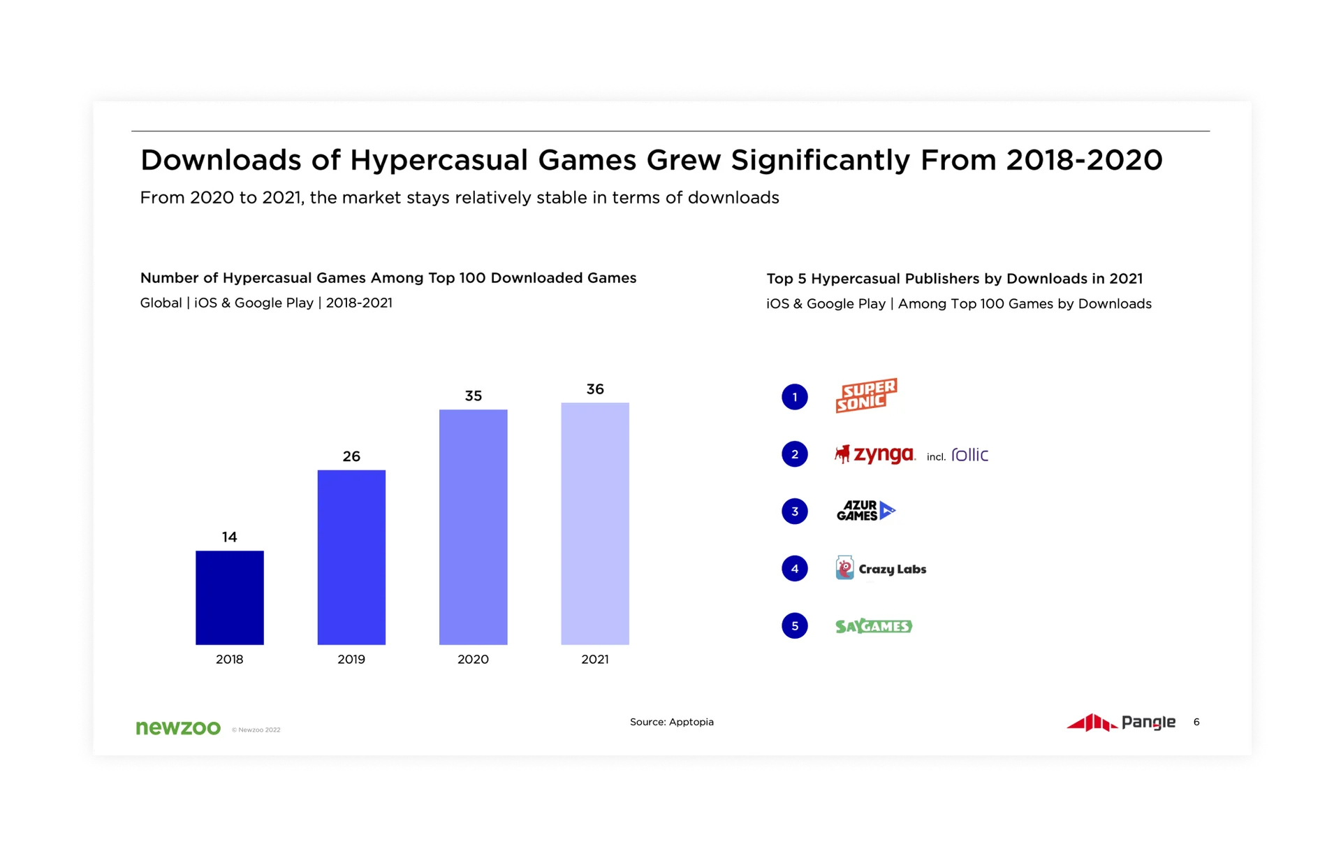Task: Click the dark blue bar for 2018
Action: point(229,597)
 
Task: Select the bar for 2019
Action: point(351,557)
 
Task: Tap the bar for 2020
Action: point(473,527)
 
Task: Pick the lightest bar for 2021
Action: point(594,523)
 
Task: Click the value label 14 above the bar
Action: point(229,537)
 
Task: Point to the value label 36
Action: point(594,389)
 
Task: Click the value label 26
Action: point(351,456)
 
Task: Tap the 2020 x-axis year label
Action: point(473,659)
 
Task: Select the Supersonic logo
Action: point(866,396)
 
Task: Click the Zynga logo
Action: point(875,454)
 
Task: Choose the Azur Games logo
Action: point(865,511)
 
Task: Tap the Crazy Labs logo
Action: point(881,568)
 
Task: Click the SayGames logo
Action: point(874,626)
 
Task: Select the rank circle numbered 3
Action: point(794,512)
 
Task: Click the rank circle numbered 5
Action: point(794,626)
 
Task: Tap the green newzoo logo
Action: point(178,727)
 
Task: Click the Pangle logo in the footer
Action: point(1121,722)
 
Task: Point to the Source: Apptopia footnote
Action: point(671,722)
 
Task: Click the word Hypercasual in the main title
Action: point(439,161)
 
